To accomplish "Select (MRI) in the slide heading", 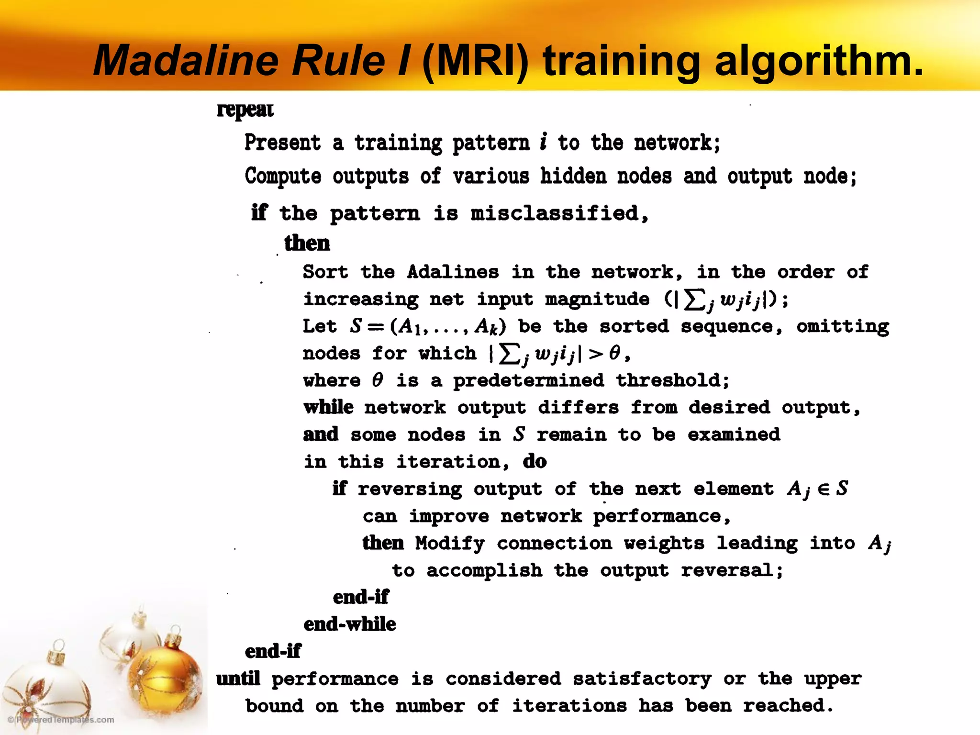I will (x=475, y=61).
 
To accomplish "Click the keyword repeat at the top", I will (x=245, y=110).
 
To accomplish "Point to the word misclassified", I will (x=559, y=213).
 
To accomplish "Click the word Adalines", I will (x=453, y=272).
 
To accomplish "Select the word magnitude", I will (x=597, y=300).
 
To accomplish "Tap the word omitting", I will (x=842, y=326).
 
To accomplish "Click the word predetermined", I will (x=528, y=380).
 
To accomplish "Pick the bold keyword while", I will (x=328, y=407).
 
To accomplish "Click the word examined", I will (x=734, y=434).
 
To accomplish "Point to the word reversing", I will (x=410, y=489).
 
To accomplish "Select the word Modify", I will (x=450, y=543).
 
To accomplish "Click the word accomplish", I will (x=484, y=570).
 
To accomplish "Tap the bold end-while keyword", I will (x=350, y=624).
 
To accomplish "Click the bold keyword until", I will (x=238, y=679).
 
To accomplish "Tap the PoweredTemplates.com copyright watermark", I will (x=61, y=720).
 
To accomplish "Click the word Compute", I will (x=283, y=177).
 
